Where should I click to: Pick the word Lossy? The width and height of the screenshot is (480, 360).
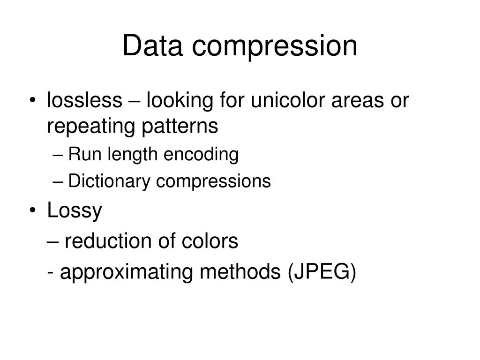[75, 211]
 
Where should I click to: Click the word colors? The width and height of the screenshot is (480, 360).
[215, 241]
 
